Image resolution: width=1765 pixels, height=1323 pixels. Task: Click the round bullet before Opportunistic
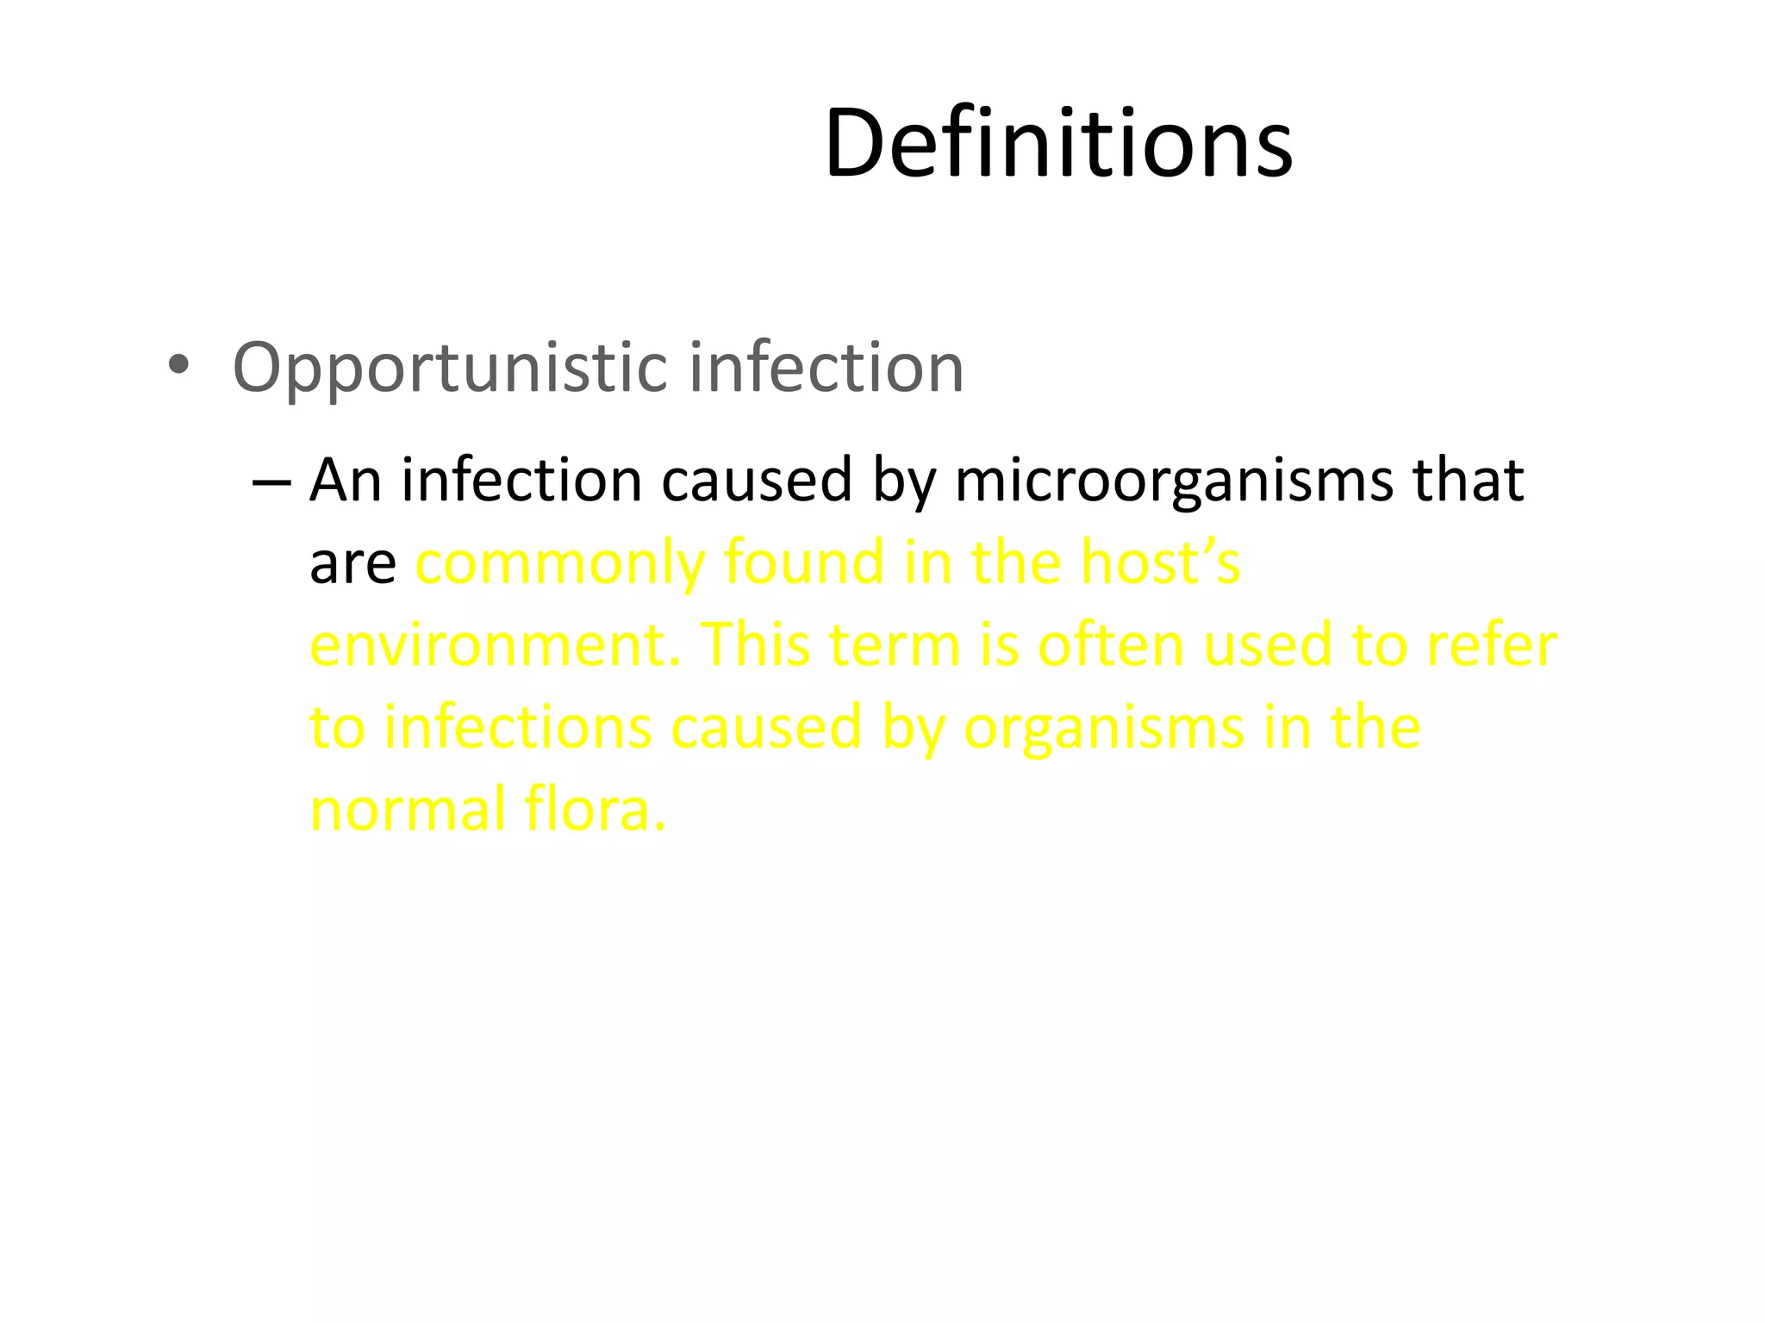pos(178,366)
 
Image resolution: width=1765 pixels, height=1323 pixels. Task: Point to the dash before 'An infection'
pos(271,481)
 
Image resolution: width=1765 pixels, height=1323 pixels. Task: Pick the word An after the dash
pos(345,480)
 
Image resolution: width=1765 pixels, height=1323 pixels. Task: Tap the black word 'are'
pos(352,564)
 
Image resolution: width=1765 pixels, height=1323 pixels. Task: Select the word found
pos(803,562)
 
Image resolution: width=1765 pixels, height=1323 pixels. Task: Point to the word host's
pos(1160,562)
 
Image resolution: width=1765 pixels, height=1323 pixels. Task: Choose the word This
pos(758,645)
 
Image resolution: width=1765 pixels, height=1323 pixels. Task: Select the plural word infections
pos(517,728)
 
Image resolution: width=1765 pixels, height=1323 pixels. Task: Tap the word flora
pos(596,811)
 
